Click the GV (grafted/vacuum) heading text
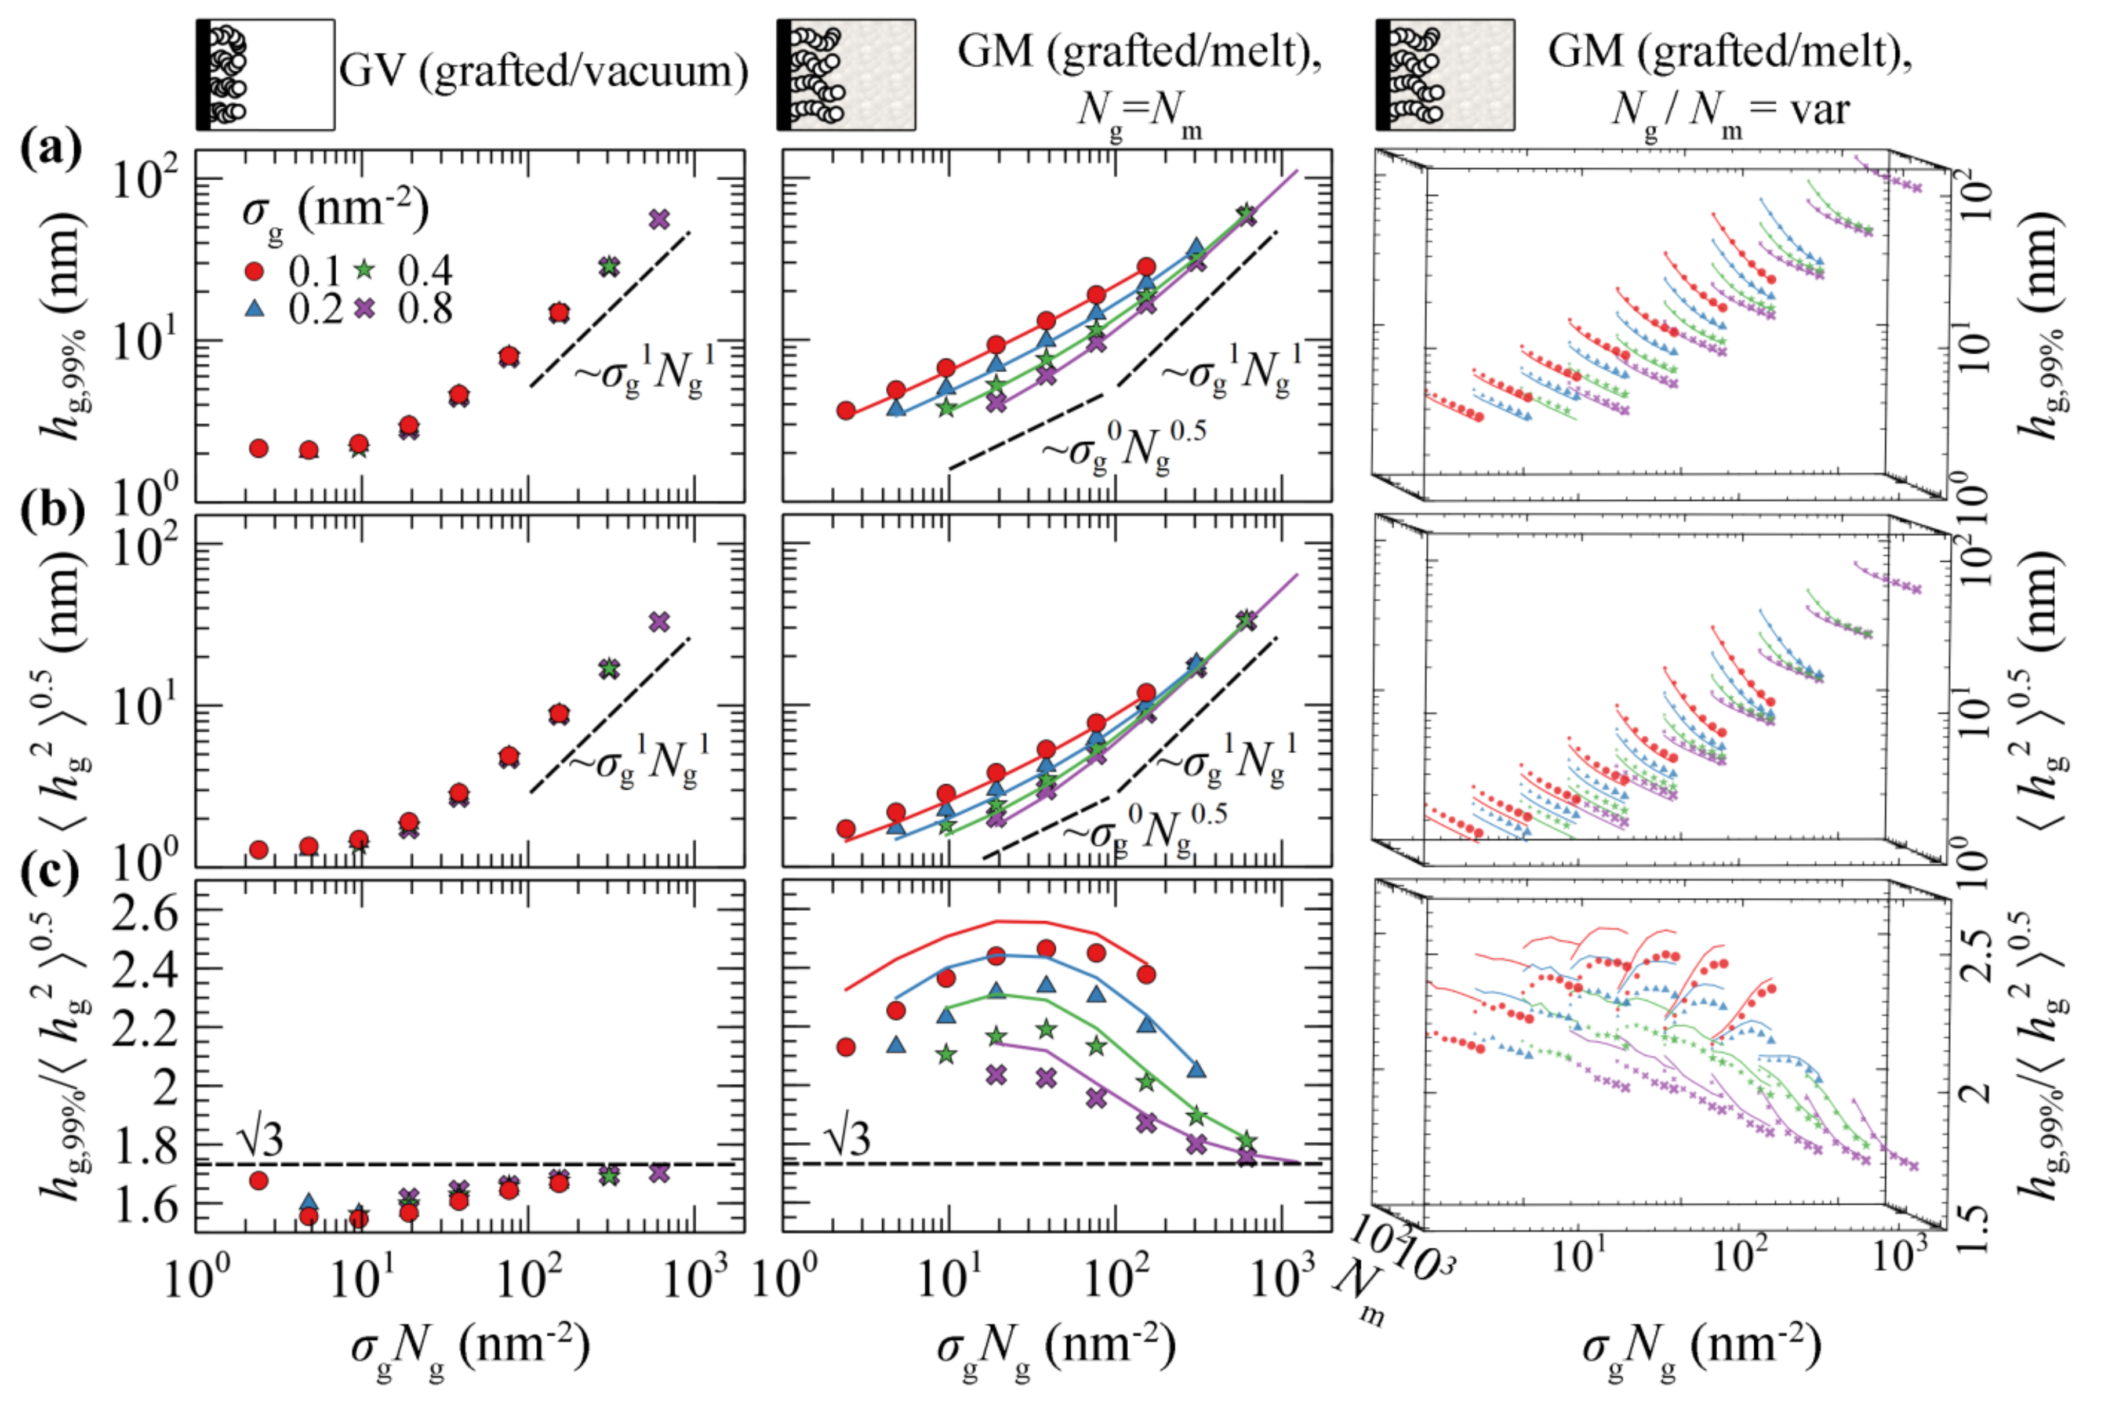[x=544, y=71]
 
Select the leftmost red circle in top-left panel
[x=259, y=448]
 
